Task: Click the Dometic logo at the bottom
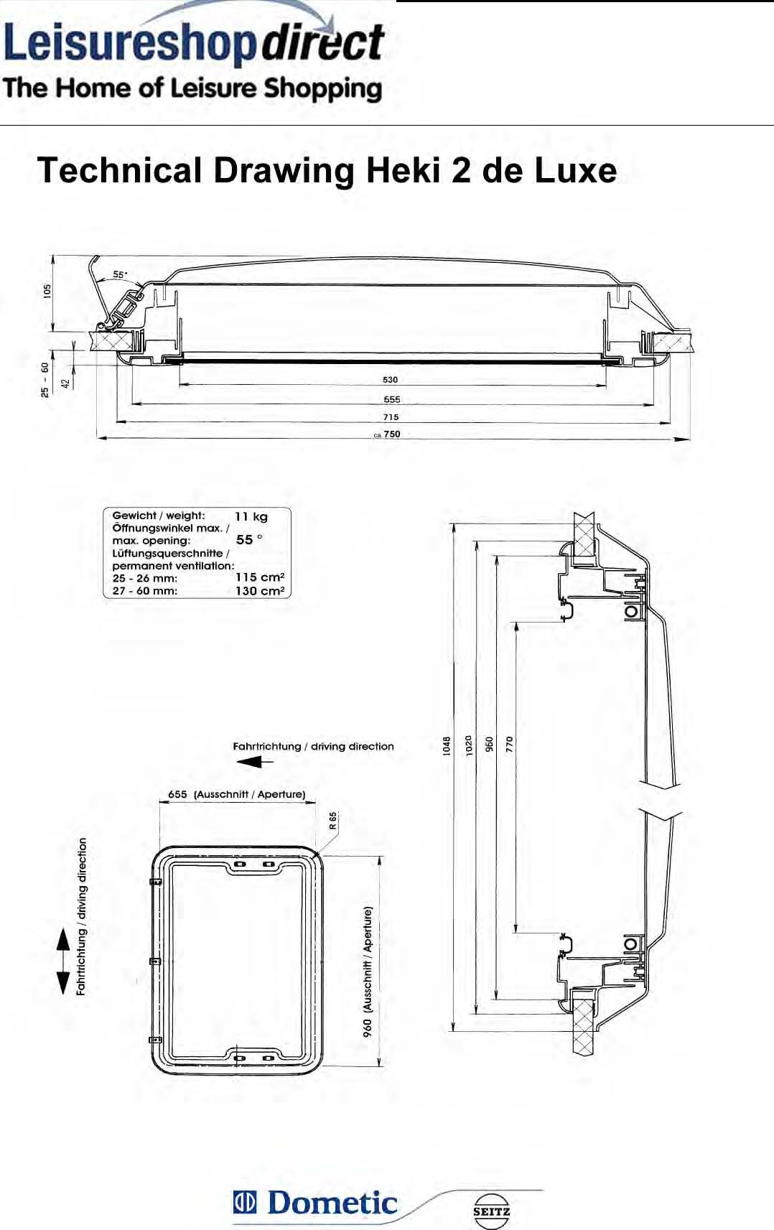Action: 316,1203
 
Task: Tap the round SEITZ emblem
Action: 492,1211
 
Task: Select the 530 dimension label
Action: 390,380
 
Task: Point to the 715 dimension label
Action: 391,417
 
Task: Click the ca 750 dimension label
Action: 388,434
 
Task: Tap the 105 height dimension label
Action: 47,291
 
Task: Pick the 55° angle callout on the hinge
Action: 120,274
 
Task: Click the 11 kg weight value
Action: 251,516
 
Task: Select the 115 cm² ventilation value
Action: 259,577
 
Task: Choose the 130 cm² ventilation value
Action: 259,591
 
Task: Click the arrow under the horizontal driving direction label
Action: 255,762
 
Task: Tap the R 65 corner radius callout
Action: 332,821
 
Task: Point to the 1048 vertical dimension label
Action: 447,746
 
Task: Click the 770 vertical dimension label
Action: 510,744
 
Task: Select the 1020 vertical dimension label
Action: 468,745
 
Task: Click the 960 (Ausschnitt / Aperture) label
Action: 368,972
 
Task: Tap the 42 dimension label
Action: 66,383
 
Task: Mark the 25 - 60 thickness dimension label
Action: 45,379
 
